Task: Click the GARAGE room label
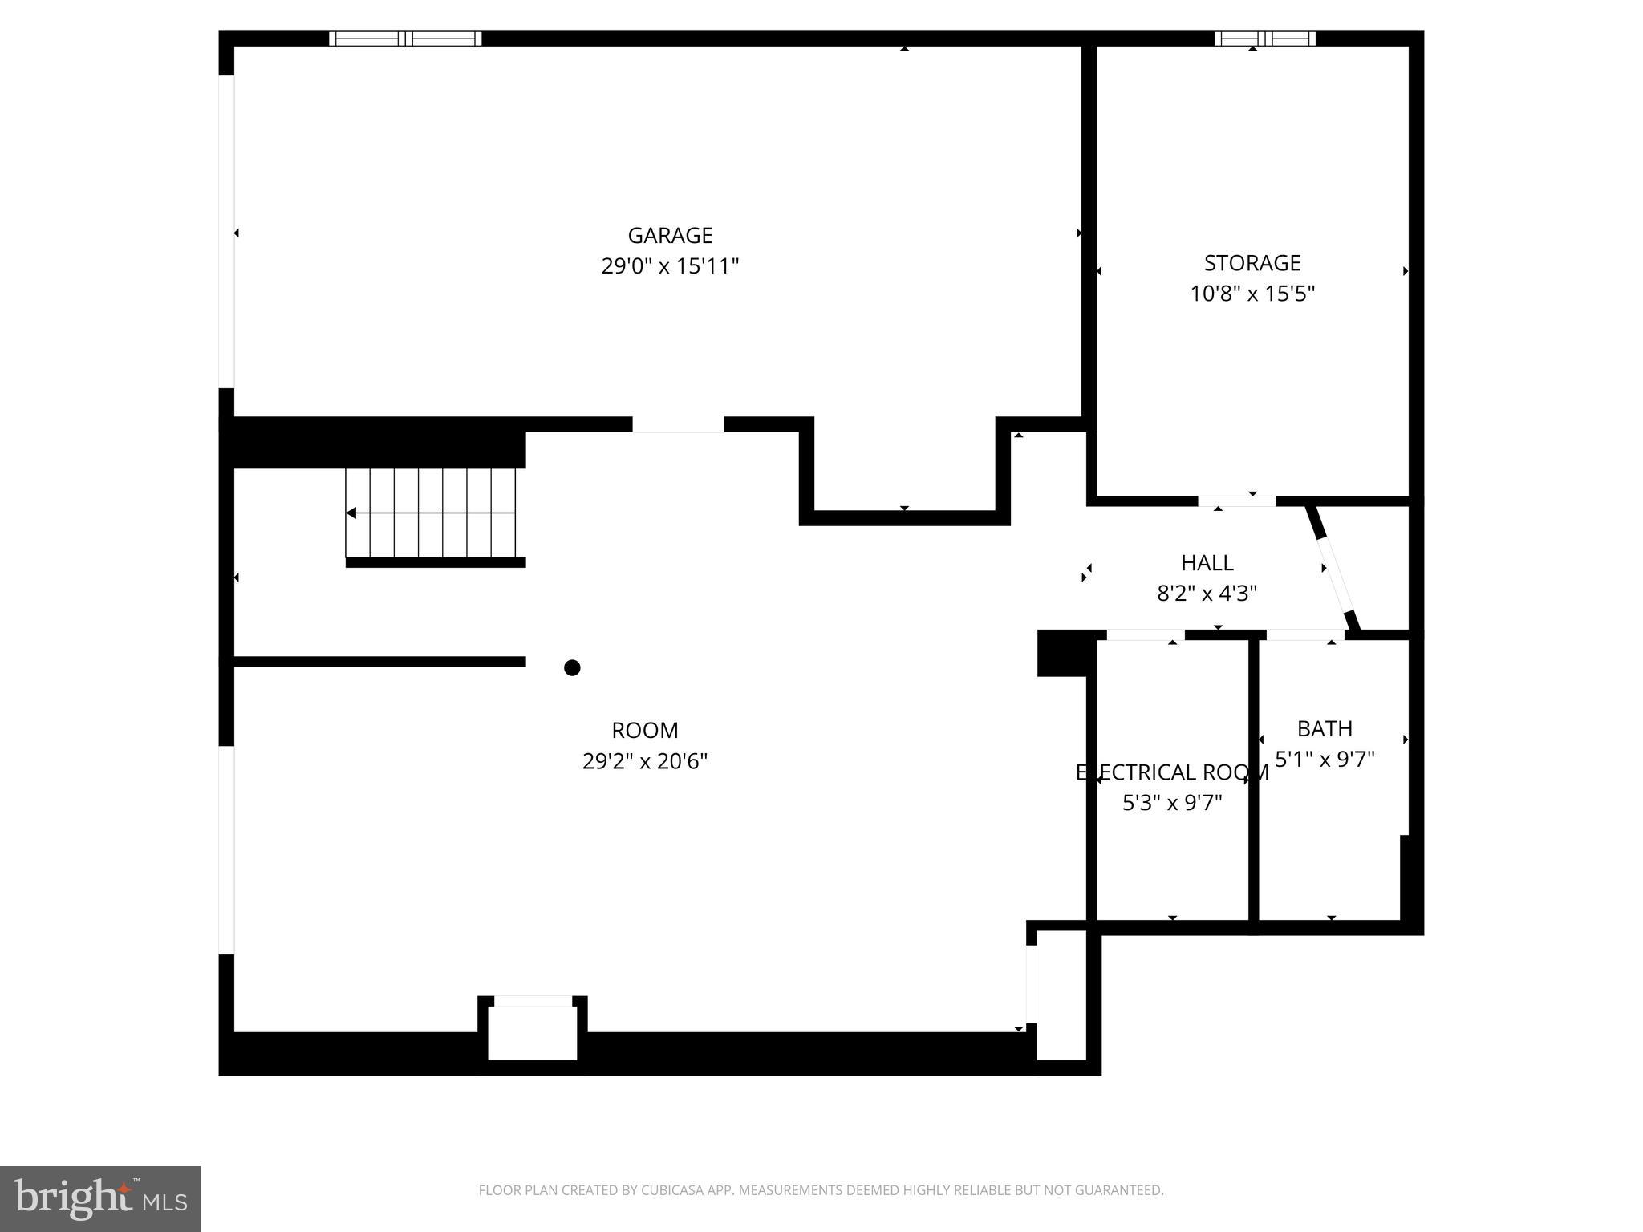click(x=670, y=235)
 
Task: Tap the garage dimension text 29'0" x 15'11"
click(x=670, y=266)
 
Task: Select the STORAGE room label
click(x=1252, y=262)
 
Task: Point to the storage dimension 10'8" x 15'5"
click(x=1252, y=294)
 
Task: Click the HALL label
click(x=1207, y=562)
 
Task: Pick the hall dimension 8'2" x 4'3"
click(x=1207, y=594)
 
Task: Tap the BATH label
click(x=1325, y=728)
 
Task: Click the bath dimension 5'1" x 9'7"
click(x=1325, y=759)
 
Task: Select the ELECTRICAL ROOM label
click(x=1172, y=772)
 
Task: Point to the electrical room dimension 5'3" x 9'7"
click(x=1172, y=803)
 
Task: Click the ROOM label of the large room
click(x=644, y=730)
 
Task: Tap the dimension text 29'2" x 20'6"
click(x=644, y=760)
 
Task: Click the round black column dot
click(x=572, y=667)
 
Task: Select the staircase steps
click(x=433, y=513)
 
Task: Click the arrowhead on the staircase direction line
click(x=351, y=513)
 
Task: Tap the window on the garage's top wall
click(x=405, y=38)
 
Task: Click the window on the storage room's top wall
click(x=1264, y=38)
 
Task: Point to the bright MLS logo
click(x=99, y=1198)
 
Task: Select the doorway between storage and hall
click(x=1236, y=501)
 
